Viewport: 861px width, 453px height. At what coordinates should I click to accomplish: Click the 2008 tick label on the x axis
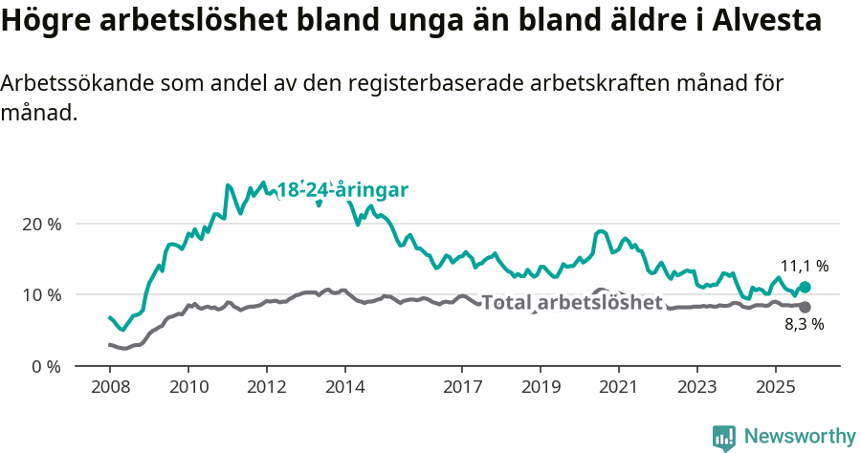point(110,389)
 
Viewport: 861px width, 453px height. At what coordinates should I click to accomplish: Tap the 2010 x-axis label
point(188,389)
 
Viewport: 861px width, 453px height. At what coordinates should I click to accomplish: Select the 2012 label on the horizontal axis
point(266,389)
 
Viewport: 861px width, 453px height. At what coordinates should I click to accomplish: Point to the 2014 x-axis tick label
point(344,389)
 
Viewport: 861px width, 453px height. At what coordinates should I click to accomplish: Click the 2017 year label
point(462,389)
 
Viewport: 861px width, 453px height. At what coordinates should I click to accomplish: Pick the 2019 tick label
point(540,389)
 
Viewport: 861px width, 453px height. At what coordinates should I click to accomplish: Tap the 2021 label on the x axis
point(618,389)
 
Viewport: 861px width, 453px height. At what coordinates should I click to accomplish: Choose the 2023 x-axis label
point(696,389)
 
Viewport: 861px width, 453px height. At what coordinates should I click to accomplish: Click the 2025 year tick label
point(775,389)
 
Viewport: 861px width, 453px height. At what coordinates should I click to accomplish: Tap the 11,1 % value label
point(805,266)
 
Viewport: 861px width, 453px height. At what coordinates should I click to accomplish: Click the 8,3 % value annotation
point(805,324)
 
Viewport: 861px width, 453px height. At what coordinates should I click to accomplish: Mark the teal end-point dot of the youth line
point(805,287)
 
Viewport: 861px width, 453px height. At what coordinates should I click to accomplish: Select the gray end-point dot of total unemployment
point(805,307)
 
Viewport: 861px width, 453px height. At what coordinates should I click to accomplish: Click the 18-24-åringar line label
point(342,189)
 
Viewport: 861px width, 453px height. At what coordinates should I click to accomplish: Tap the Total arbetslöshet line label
point(572,303)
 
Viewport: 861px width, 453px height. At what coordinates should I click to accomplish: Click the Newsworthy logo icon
point(724,438)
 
